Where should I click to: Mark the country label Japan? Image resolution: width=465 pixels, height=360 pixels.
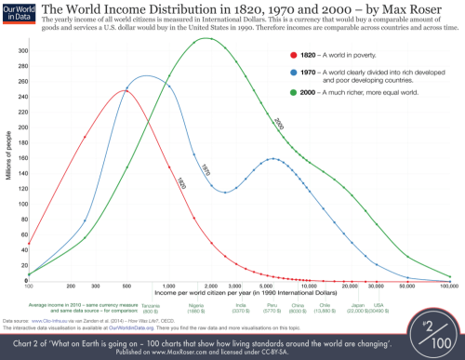click(360, 304)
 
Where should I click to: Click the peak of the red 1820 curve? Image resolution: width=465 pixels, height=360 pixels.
click(124, 90)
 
